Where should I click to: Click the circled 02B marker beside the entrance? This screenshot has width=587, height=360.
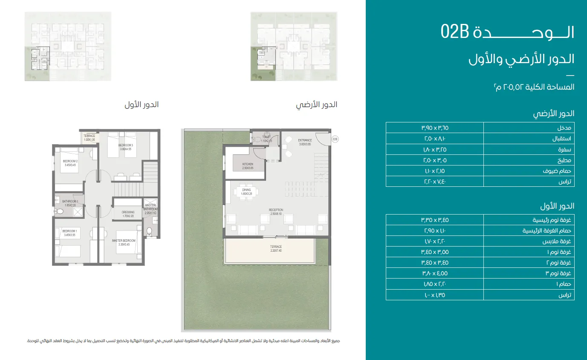tap(335, 139)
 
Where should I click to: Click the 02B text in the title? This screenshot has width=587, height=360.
tap(455, 32)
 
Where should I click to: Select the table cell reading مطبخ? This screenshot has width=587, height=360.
tap(529, 160)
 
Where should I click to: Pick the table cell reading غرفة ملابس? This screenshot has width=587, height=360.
tap(529, 241)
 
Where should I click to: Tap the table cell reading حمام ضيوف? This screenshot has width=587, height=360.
tap(529, 171)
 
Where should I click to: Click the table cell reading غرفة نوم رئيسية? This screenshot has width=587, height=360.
tap(529, 220)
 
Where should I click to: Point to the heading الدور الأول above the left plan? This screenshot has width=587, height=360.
tap(141, 105)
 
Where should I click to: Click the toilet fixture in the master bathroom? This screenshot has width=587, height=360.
tap(149, 231)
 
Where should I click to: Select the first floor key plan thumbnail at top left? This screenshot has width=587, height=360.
tap(68, 46)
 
